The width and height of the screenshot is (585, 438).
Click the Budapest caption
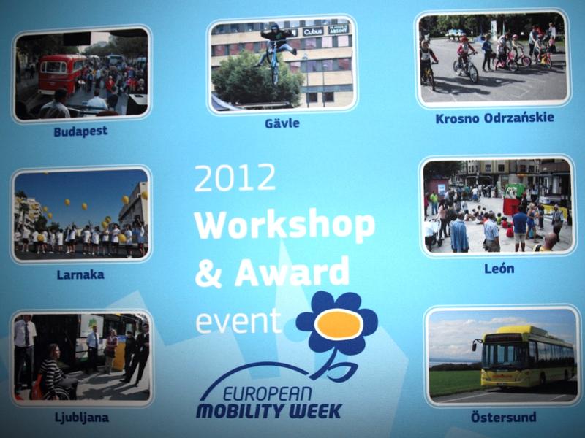coord(80,131)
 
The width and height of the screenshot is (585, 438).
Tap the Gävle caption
coord(282,123)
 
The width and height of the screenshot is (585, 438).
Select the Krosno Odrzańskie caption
coord(495,118)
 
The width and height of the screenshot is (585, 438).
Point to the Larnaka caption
coord(80,275)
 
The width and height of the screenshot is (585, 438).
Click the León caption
coord(499,268)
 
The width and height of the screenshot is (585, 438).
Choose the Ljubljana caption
coord(82,418)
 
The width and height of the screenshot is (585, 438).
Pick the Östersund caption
coord(504,416)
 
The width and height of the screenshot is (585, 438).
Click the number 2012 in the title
coord(235,178)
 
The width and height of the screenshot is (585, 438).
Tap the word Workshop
coord(284,226)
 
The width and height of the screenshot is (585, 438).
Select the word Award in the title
coord(292,271)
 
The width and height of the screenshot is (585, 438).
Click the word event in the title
coord(238,320)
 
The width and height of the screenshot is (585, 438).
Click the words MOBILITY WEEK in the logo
coord(268,411)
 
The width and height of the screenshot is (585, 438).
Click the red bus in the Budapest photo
coord(61,74)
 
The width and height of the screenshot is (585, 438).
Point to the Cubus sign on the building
coord(313,31)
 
